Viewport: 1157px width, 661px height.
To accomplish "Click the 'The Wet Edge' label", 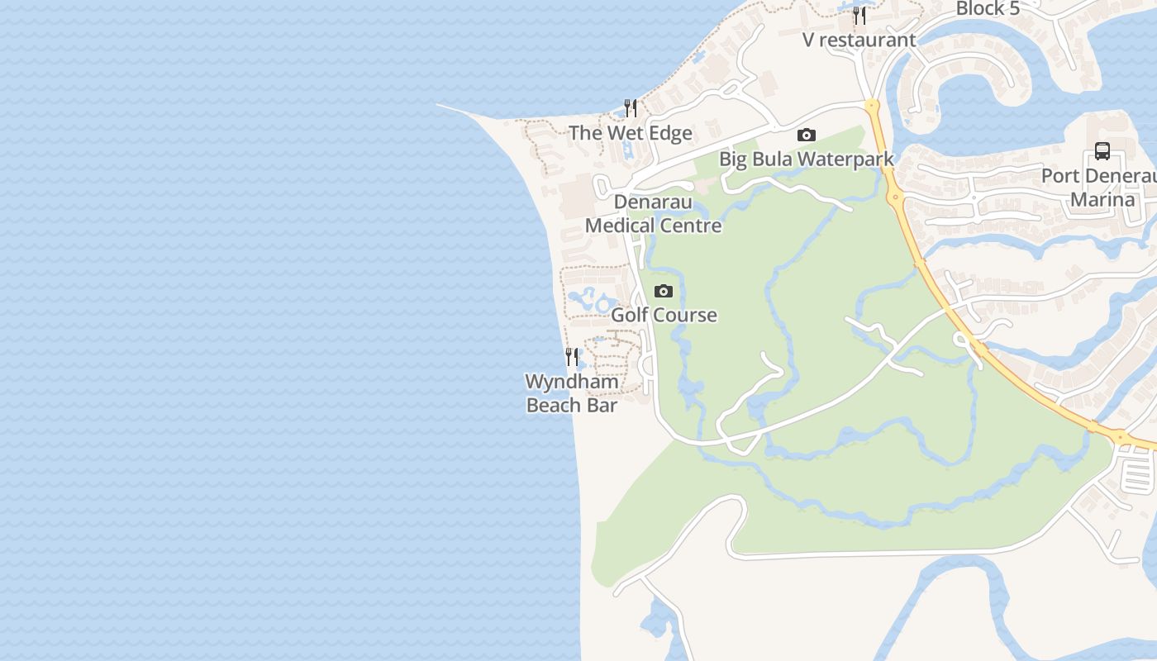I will point(630,132).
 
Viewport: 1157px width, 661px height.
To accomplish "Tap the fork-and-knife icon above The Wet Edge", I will point(631,108).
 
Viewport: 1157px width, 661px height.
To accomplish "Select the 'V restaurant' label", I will point(859,40).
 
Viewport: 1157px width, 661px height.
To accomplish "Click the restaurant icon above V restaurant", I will point(859,16).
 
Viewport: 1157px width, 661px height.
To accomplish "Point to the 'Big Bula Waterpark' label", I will point(806,159).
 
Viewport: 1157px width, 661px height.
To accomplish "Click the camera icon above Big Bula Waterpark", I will point(807,135).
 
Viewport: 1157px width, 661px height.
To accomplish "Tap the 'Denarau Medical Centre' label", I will point(654,213).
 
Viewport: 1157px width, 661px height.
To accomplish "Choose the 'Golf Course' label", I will point(664,315).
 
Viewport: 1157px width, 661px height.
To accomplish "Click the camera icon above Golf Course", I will point(664,291).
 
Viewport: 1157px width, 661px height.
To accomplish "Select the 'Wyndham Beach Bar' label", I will point(572,393).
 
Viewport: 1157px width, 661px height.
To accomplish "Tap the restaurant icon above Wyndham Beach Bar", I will point(572,357).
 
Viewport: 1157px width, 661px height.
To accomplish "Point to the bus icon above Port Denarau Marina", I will point(1102,151).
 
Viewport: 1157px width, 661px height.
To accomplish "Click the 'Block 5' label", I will point(988,9).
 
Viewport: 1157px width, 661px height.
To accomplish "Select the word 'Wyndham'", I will point(572,382).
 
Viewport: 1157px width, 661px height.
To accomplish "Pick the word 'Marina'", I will point(1102,199).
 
